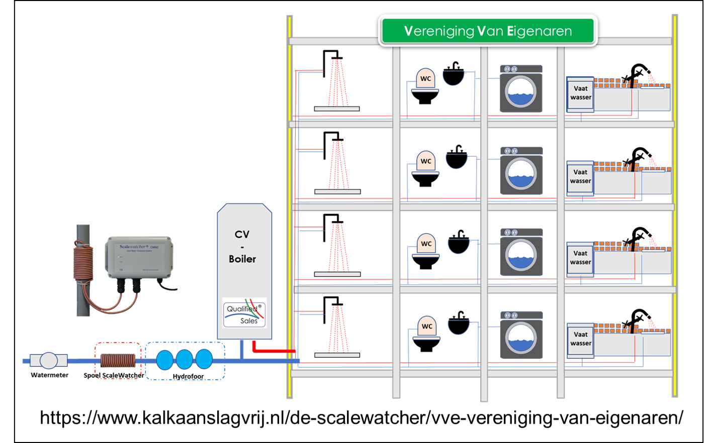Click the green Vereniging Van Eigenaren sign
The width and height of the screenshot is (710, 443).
[487, 31]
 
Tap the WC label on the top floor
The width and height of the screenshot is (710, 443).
[425, 79]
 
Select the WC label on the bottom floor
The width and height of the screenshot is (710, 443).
[426, 326]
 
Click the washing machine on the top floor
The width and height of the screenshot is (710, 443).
[521, 89]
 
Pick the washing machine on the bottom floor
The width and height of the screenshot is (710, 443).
[521, 336]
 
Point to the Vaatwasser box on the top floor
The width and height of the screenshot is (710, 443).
[580, 93]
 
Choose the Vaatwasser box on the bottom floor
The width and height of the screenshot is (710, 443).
[580, 339]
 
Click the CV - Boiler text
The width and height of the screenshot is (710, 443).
[242, 247]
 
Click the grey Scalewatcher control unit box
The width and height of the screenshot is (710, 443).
[139, 257]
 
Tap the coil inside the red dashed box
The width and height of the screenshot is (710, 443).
[118, 361]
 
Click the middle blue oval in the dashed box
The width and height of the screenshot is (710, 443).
[184, 360]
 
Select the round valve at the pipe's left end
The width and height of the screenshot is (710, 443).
[48, 361]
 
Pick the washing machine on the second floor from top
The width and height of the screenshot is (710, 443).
[521, 171]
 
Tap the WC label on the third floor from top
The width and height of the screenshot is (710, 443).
[426, 244]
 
